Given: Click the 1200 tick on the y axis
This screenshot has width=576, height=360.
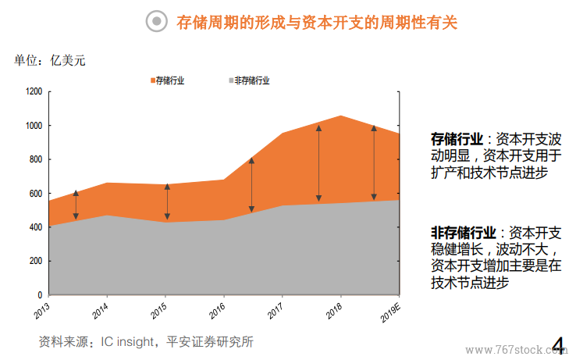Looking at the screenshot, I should (34, 92).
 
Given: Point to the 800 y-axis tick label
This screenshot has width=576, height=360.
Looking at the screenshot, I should (35, 159).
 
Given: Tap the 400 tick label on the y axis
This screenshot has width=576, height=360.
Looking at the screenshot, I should (35, 227).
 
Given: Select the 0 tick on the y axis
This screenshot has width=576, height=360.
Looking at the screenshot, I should (40, 295).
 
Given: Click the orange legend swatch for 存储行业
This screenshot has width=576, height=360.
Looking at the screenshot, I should (152, 80).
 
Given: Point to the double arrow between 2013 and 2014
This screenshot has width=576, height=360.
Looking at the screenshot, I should (76, 205).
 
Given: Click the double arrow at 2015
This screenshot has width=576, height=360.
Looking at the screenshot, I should (167, 201).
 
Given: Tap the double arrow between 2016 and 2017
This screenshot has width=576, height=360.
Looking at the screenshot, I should (251, 185).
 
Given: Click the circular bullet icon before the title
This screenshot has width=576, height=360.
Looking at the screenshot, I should (158, 23).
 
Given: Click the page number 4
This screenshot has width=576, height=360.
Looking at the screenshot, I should (559, 344).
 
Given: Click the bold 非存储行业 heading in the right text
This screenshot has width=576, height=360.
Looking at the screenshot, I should (464, 233).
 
